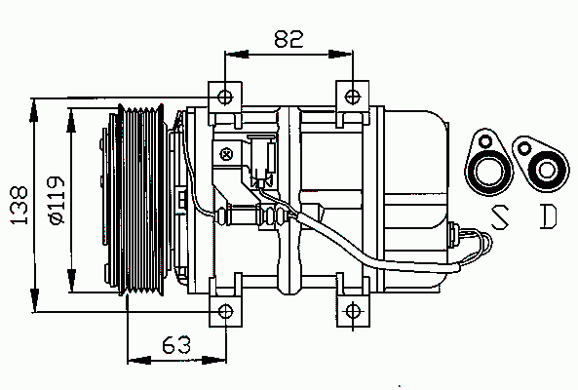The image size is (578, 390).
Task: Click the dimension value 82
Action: point(289,39)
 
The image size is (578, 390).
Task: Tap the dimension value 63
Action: point(176,344)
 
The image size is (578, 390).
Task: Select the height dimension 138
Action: point(19,205)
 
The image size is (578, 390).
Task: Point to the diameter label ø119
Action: point(57,201)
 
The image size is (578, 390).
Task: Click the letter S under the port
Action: point(500,217)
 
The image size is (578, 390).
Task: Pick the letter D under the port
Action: point(548,217)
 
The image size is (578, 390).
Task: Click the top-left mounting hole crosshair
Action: point(225,97)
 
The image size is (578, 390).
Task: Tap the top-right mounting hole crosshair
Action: point(353,97)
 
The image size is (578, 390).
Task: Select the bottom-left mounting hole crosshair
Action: point(225,311)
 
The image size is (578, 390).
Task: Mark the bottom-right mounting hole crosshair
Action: point(353,311)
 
